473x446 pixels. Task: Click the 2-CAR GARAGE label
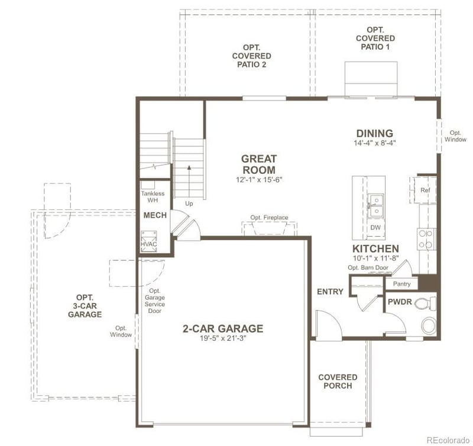(x=222, y=329)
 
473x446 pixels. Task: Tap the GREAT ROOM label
(x=258, y=164)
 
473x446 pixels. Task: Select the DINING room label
(x=374, y=134)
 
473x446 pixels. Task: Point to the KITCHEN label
(x=375, y=248)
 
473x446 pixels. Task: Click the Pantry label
(x=401, y=285)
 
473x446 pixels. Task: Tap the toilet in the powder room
(x=425, y=304)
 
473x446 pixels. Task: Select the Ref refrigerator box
(x=425, y=190)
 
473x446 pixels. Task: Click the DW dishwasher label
(x=375, y=228)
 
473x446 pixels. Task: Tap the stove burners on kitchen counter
(x=425, y=239)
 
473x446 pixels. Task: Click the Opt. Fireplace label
(x=269, y=218)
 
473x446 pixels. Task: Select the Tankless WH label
(x=153, y=197)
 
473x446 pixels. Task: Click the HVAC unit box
(x=148, y=243)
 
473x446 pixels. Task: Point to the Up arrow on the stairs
(x=189, y=177)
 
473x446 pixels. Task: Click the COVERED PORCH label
(x=338, y=382)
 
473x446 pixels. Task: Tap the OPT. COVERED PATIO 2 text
(x=252, y=56)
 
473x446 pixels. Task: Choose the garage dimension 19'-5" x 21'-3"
(x=222, y=340)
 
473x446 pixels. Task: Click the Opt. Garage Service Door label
(x=155, y=300)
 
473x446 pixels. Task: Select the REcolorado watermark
(x=448, y=439)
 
